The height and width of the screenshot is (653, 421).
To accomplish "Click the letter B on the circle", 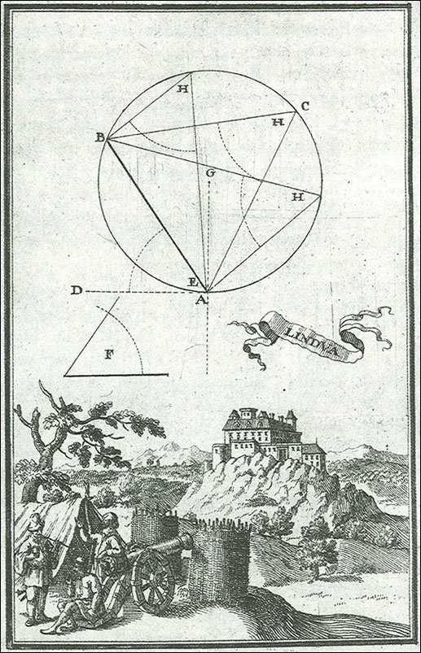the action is pos(100,137).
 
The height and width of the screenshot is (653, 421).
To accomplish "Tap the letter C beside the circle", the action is pos(305,107).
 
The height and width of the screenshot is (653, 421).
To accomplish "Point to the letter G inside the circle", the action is pos(210,173).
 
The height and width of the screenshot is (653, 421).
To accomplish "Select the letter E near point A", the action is pos(192,282).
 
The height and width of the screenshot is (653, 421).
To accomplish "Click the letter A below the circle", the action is pos(201,299).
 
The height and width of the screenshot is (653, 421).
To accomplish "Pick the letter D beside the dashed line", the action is pos(77,289).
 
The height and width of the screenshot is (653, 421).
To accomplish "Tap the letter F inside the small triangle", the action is pos(108,355).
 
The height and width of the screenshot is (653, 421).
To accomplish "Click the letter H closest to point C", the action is pos(278,122).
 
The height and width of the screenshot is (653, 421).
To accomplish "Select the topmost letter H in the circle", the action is pos(182,89).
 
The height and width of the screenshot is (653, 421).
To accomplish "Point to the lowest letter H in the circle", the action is pos(297,197).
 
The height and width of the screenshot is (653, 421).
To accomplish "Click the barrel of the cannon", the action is pos(160,547).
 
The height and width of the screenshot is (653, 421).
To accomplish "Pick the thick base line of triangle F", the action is pos(116,375).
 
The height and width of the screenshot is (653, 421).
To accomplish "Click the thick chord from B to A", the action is pos(157,215).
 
